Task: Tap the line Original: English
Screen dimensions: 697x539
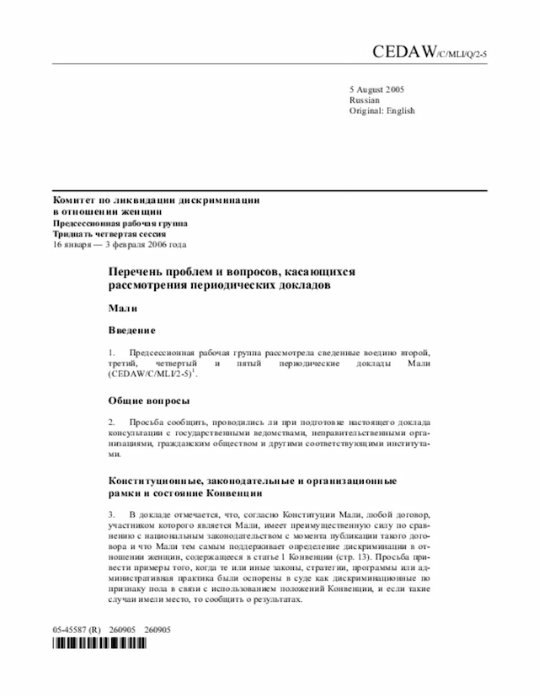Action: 382,111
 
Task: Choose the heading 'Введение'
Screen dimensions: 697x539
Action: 132,331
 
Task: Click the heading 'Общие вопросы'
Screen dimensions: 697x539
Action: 149,400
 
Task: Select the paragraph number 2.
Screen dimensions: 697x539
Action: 111,420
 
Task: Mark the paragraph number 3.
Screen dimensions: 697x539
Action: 111,513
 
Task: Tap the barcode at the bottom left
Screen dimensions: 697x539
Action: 99,644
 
